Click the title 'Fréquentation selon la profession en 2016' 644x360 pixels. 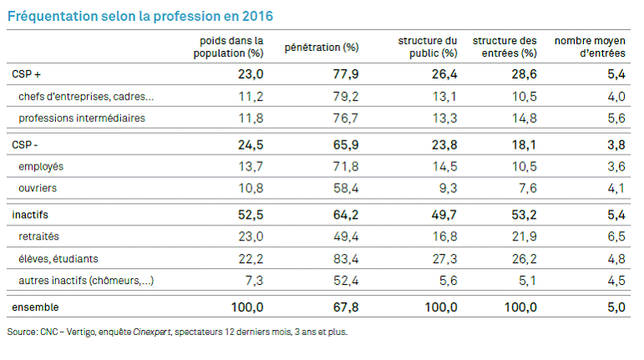tap(139, 16)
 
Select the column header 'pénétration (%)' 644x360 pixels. tap(322, 47)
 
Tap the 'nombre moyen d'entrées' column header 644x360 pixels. tap(591, 47)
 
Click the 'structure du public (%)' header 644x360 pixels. tap(428, 47)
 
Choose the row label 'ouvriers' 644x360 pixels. tap(38, 188)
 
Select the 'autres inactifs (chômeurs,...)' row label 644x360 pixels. tap(86, 281)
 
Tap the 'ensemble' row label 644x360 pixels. tap(34, 307)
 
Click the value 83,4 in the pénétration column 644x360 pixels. tap(344, 258)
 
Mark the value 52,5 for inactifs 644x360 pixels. tap(248, 215)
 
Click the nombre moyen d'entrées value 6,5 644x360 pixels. tap(616, 236)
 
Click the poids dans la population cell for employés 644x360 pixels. tap(250, 166)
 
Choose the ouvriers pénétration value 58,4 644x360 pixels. tap(344, 188)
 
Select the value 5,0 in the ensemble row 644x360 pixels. tap(615, 307)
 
